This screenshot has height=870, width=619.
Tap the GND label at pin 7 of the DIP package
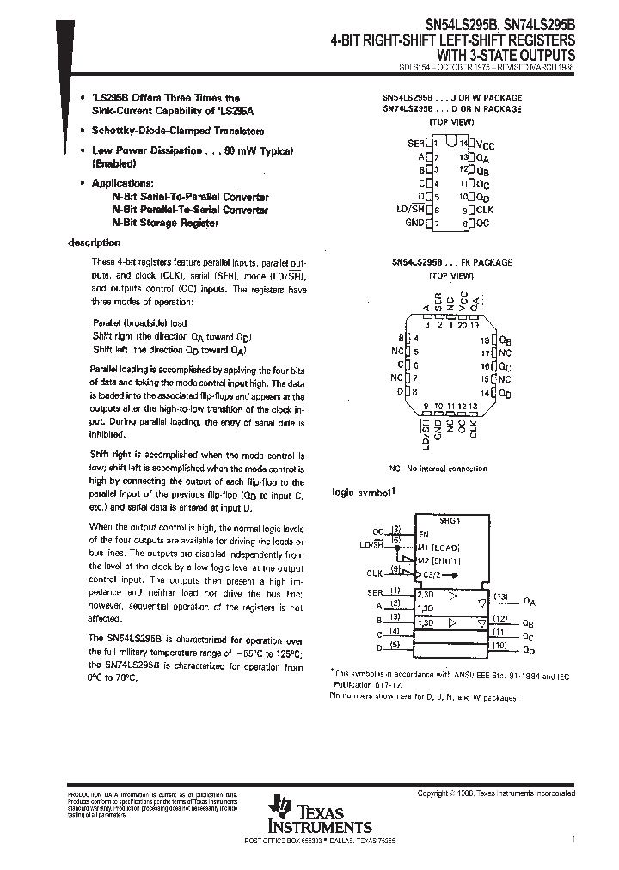point(414,224)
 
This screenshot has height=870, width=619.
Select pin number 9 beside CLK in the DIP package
point(464,210)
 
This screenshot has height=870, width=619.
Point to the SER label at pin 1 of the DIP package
point(415,144)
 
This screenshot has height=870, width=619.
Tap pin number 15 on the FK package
point(485,378)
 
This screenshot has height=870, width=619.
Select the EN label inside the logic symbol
point(423,533)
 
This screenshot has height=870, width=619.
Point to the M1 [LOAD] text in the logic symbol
point(439,547)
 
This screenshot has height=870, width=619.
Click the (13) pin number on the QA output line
point(500,597)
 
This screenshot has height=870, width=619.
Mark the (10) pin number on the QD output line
point(500,645)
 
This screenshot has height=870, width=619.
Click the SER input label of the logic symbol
point(374,591)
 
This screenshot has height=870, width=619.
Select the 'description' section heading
point(95,243)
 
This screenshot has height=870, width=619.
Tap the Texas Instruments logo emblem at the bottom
point(279,809)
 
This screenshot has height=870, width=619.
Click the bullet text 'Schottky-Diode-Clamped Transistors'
point(178,132)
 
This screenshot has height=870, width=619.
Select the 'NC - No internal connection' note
point(438,469)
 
